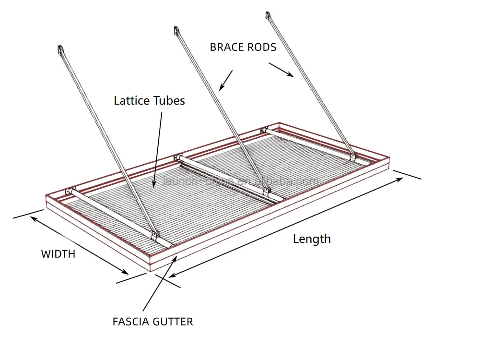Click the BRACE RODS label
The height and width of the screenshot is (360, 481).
pyautogui.click(x=243, y=47)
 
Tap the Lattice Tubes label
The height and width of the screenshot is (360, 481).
pyautogui.click(x=149, y=101)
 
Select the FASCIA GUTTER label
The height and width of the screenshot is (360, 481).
pyautogui.click(x=153, y=322)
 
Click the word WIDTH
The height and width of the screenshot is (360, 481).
pyautogui.click(x=58, y=254)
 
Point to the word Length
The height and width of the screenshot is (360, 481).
pyautogui.click(x=312, y=239)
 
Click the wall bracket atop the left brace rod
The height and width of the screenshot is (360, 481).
pyautogui.click(x=60, y=50)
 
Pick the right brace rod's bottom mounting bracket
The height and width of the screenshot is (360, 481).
pyautogui.click(x=353, y=156)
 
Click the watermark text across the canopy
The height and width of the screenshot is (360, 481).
pyautogui.click(x=240, y=181)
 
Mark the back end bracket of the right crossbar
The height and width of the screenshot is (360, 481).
pyautogui.click(x=264, y=130)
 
